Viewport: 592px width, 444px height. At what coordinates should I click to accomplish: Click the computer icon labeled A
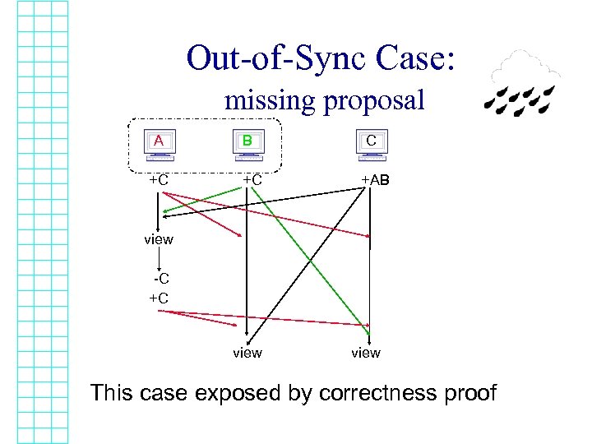coord(159,142)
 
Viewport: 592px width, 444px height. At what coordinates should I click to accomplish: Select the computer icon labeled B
coord(247,142)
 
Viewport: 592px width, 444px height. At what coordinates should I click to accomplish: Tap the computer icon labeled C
coord(371,142)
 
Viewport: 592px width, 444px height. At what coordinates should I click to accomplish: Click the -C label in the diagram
coord(160,280)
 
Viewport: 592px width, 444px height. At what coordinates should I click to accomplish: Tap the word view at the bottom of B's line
coord(247,353)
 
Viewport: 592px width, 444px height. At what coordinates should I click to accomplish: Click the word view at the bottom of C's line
coord(366,353)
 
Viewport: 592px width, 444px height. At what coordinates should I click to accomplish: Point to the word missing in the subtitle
coord(269,101)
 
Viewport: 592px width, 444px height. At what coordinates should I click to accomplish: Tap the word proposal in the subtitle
coord(373,101)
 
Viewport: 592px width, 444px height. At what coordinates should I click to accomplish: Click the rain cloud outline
coord(521,68)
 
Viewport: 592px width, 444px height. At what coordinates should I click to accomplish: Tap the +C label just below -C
coord(159,298)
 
